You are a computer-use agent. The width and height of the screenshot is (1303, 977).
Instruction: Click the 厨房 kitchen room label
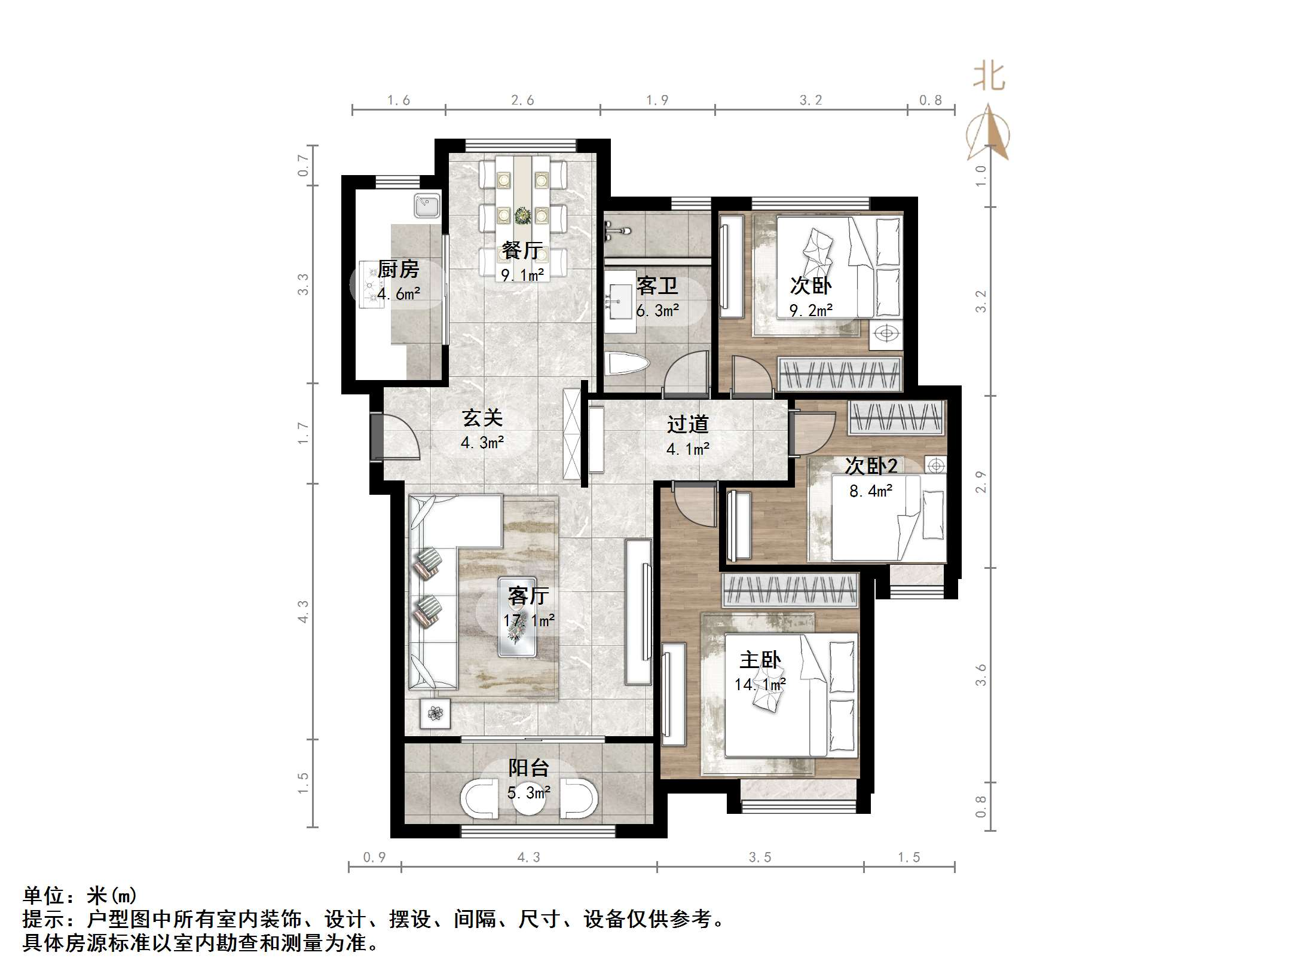398,269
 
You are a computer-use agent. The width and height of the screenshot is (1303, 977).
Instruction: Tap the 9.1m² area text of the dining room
522,275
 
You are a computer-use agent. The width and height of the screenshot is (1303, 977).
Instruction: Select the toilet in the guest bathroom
626,363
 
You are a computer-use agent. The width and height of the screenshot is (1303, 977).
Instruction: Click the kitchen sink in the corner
427,206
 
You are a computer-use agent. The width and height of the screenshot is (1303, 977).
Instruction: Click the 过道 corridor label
687,424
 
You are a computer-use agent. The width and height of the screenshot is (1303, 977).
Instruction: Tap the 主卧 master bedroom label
760,660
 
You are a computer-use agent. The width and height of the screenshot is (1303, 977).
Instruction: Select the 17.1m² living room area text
528,621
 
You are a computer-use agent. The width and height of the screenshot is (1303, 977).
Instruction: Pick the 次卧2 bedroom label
870,466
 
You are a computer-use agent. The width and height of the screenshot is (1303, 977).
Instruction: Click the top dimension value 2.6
522,100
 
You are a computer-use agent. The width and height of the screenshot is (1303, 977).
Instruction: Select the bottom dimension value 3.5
760,857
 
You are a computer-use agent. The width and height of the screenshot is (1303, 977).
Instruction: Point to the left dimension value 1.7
304,433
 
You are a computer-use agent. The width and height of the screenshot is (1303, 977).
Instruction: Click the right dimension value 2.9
980,482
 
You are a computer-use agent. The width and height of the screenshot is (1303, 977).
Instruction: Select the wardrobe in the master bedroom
790,590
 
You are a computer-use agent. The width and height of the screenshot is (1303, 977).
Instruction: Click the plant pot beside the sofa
435,713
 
